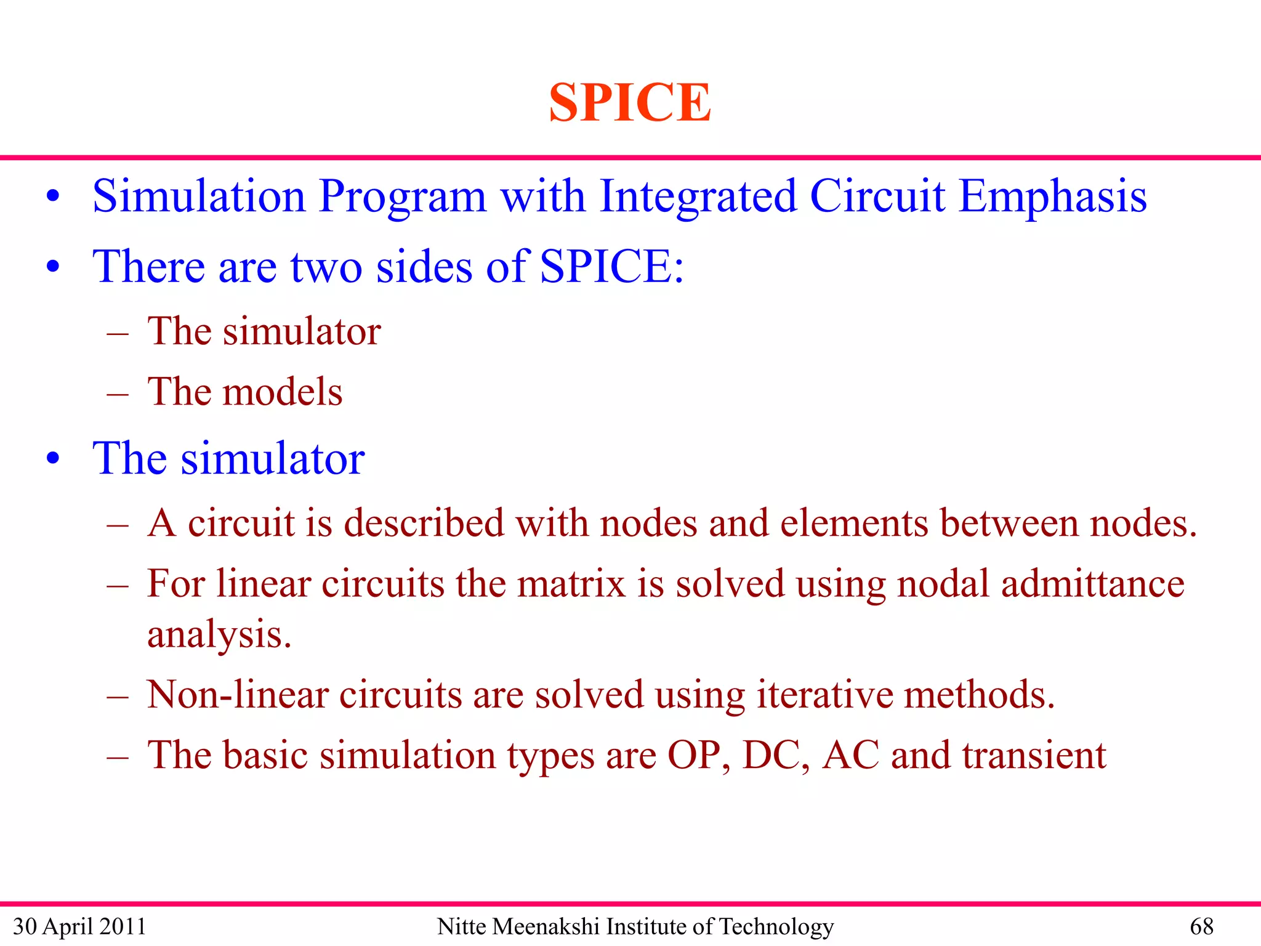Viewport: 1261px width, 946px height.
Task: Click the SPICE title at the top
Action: pos(629,102)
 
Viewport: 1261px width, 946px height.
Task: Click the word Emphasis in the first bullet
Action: pos(1052,196)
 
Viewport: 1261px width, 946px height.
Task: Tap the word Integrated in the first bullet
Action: pos(698,196)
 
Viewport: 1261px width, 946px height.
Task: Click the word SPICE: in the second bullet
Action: pos(611,267)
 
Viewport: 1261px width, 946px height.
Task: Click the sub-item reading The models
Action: pos(244,392)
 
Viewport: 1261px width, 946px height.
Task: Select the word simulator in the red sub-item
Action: pos(302,331)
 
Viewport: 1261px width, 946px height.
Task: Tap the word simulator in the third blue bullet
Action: pos(272,459)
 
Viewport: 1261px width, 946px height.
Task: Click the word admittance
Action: pos(1092,583)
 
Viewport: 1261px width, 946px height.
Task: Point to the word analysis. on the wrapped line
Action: pos(219,634)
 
